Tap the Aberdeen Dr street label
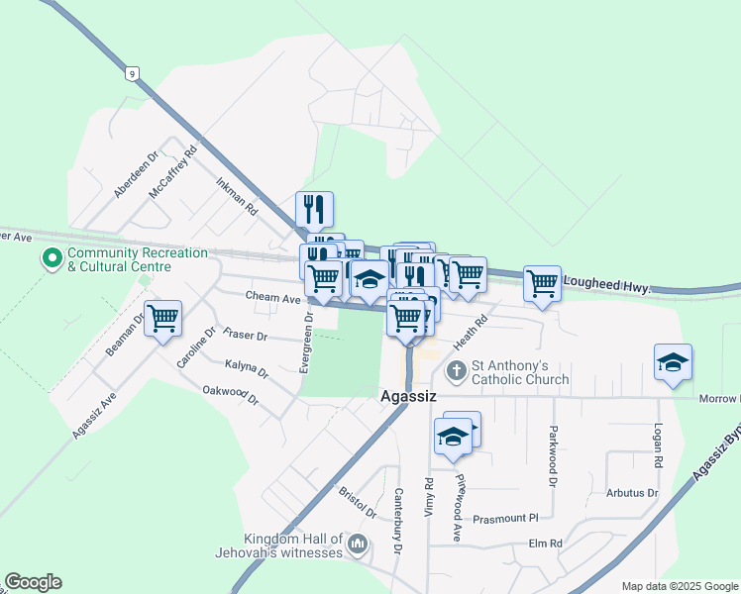click(136, 175)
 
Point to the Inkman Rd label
click(237, 197)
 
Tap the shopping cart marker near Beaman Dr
click(162, 319)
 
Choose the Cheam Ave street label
click(272, 298)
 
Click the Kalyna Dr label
click(247, 370)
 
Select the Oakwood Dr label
click(230, 396)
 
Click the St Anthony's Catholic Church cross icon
click(456, 372)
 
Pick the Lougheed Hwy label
click(606, 286)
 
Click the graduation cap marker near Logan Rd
click(672, 362)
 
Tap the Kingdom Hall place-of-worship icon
click(358, 544)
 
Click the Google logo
click(33, 582)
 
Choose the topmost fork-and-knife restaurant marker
click(314, 209)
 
